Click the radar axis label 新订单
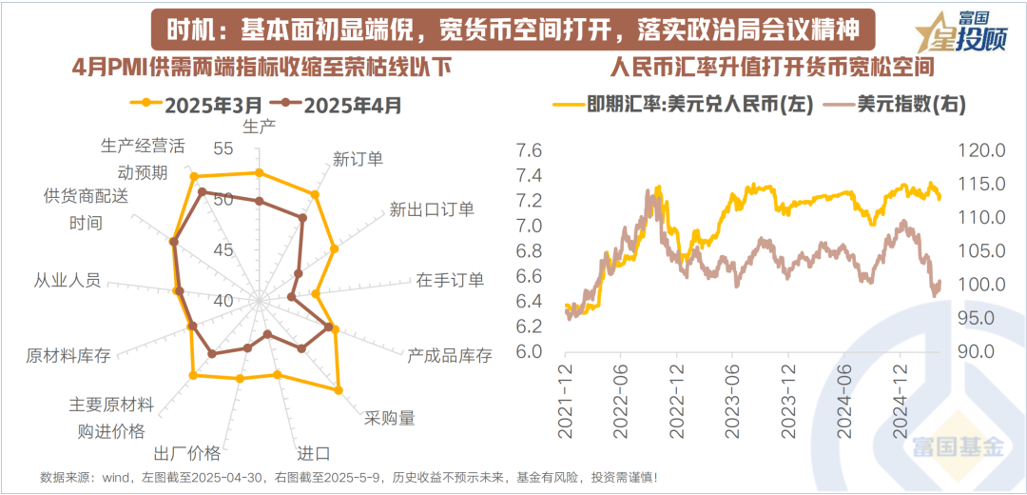click(358, 159)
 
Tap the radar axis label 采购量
click(390, 418)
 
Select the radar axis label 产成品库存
click(450, 356)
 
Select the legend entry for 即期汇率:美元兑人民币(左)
click(683, 105)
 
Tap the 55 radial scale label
click(224, 148)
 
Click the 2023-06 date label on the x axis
click(732, 400)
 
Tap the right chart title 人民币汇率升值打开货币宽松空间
click(770, 68)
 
